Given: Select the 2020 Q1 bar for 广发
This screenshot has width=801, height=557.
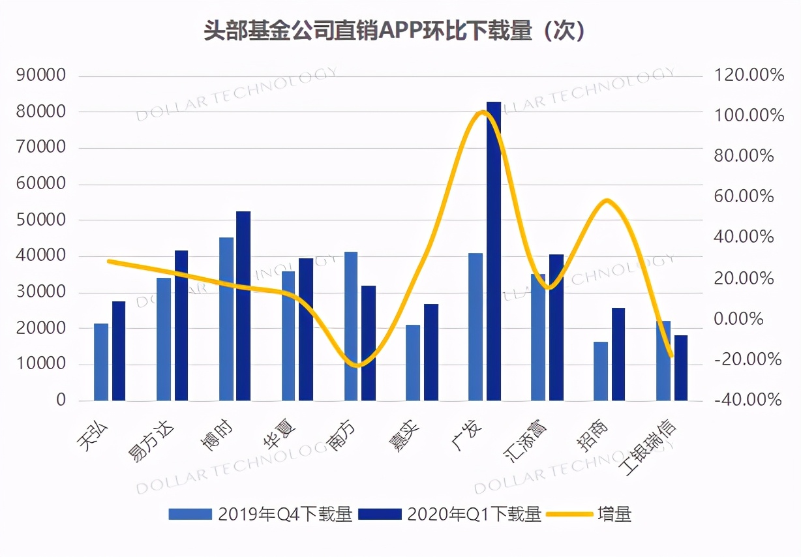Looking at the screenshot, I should (494, 251).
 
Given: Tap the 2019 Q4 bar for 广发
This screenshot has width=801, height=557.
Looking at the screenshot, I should (476, 326).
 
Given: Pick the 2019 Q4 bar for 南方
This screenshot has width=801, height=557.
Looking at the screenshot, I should (351, 325).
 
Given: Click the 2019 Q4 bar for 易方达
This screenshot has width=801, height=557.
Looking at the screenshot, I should (163, 339).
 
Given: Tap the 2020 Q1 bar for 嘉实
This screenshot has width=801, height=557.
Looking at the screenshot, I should (431, 352).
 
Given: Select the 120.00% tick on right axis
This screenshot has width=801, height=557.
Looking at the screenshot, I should (749, 76).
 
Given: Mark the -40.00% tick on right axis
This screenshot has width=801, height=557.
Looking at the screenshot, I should (748, 400).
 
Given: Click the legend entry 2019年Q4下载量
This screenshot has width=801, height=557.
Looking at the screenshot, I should (260, 515).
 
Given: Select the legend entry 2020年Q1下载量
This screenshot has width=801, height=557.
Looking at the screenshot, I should (451, 515).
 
